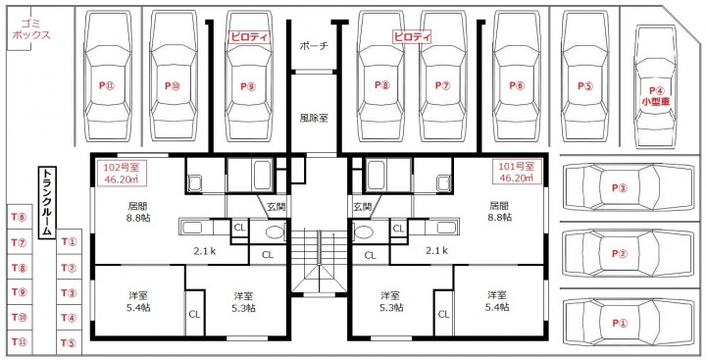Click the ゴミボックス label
(31, 29)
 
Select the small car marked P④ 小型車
(655, 85)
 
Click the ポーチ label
(314, 46)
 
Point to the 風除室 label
(314, 118)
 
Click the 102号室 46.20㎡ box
(122, 174)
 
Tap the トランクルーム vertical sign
(47, 203)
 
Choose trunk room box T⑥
(20, 217)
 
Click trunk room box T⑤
(69, 343)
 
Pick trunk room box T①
(69, 242)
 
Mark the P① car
(629, 323)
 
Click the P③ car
(629, 188)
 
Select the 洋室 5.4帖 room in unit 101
(497, 301)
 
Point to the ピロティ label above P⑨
(249, 36)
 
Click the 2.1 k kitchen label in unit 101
(436, 250)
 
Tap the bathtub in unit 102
(263, 174)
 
